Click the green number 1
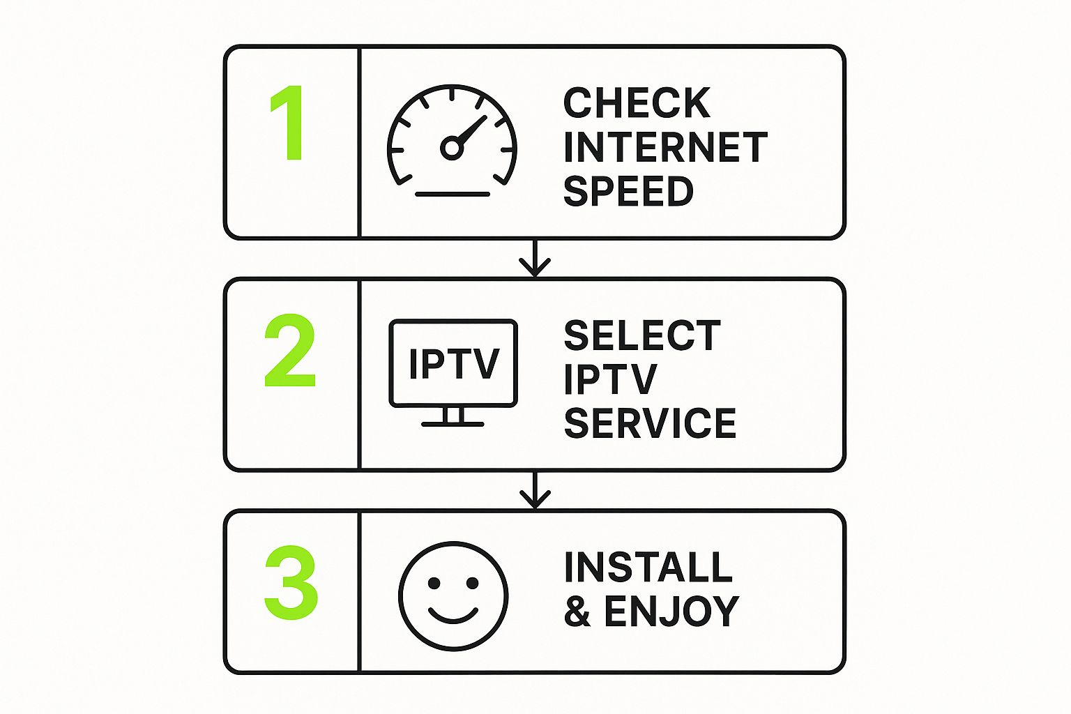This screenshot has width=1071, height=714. point(289,123)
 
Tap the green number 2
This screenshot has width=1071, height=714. point(290,350)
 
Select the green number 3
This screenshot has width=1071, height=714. point(291,582)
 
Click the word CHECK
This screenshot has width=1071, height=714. point(637,102)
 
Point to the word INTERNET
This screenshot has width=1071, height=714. point(666,147)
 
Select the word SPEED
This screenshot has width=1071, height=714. point(628,191)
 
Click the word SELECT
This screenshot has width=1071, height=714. point(642,335)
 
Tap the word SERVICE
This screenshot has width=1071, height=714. point(651,423)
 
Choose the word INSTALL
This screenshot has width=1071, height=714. point(648,567)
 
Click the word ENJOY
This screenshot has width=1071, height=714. point(671,611)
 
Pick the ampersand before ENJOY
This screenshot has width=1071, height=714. point(577,611)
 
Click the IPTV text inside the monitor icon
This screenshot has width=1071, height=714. point(454,363)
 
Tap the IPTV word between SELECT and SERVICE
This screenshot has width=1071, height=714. point(611,379)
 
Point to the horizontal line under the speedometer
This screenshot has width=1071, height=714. point(453,194)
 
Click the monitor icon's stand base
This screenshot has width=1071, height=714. point(453,424)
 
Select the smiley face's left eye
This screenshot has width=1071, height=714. point(434,583)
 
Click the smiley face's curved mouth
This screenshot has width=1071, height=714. point(453,616)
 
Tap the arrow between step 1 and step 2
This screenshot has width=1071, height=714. point(535,258)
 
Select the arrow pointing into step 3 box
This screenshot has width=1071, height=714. point(535,490)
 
